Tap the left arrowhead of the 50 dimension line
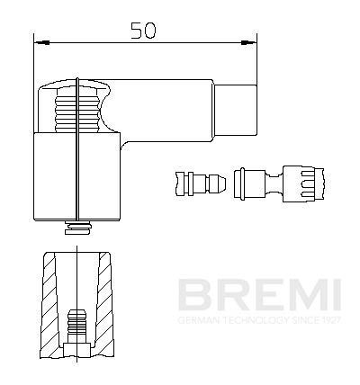point(38,40)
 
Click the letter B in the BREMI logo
point(191,295)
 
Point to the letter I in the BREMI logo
point(332,295)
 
